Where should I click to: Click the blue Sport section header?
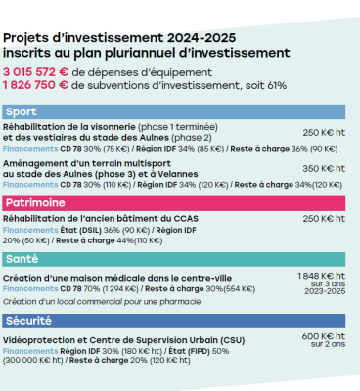tap(176, 112)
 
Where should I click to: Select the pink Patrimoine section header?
tap(176, 202)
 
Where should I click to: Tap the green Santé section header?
tap(176, 259)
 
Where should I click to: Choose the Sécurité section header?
tap(176, 320)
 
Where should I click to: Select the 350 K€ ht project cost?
tap(323, 169)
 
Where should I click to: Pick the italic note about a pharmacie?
tap(98, 302)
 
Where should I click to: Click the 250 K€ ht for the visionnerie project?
tap(323, 132)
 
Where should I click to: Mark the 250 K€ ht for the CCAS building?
tap(323, 218)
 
